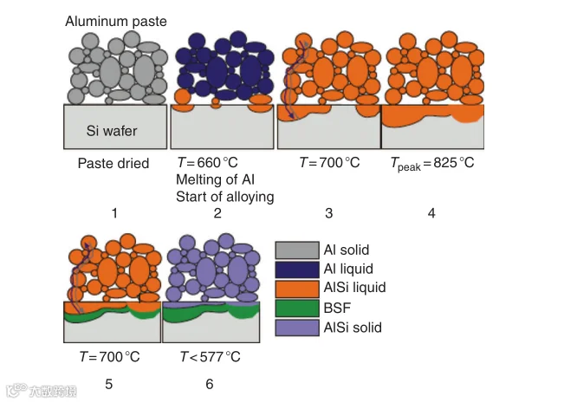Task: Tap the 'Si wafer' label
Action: [112, 131]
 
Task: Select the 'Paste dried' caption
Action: [113, 163]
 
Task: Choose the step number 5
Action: [108, 383]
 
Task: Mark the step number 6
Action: [209, 383]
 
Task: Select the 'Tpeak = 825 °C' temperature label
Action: [434, 164]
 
